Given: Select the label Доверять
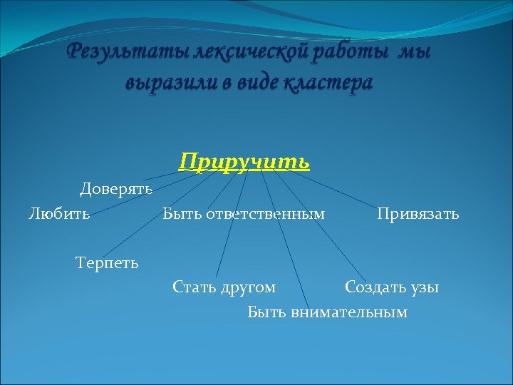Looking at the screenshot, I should pyautogui.click(x=116, y=189).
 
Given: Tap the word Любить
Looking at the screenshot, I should pyautogui.click(x=59, y=213).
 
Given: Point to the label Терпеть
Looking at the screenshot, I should pyautogui.click(x=108, y=263).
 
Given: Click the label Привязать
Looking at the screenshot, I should pyautogui.click(x=418, y=213).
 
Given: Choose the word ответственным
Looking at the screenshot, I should pyautogui.click(x=265, y=213).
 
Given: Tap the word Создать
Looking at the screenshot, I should pyautogui.click(x=375, y=287).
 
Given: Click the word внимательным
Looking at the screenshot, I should pyautogui.click(x=349, y=312).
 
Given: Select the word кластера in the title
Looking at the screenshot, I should pyautogui.click(x=328, y=83).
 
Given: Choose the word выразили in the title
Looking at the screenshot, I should pyautogui.click(x=165, y=83).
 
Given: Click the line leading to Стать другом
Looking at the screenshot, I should pyautogui.click(x=232, y=225).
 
